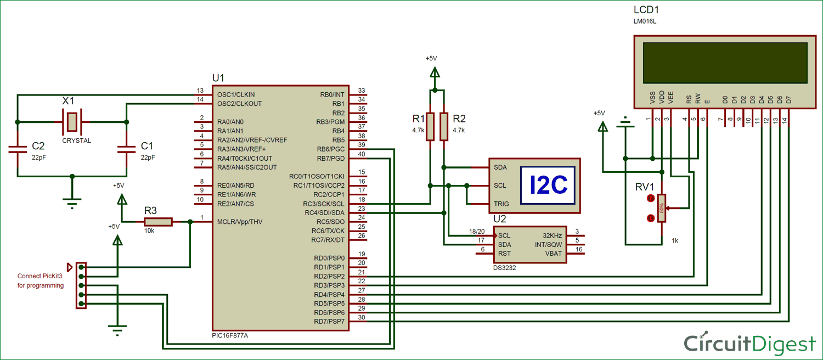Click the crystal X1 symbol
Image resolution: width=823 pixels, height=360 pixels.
[71, 121]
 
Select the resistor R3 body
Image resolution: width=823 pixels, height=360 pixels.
[158, 222]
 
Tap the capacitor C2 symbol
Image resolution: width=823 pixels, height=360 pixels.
[18, 148]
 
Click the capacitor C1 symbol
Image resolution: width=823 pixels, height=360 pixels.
[127, 148]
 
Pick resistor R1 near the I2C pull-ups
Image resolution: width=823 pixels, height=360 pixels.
[431, 127]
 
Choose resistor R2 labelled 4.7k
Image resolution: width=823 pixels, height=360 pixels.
[443, 127]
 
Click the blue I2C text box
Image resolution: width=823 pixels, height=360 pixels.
[548, 185]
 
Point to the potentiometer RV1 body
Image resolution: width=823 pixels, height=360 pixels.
[662, 208]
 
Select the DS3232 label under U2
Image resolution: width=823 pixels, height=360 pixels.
[505, 268]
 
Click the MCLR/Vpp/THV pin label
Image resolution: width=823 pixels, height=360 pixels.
[240, 222]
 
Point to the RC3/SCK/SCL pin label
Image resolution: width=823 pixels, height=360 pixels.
[325, 204]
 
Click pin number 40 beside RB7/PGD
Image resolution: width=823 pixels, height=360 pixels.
[361, 154]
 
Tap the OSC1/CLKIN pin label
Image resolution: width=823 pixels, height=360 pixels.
[236, 94]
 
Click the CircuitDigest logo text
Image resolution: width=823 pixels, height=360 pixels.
[749, 344]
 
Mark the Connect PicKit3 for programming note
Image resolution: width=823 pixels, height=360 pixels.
[41, 280]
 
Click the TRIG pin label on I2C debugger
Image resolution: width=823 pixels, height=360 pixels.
[501, 204]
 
